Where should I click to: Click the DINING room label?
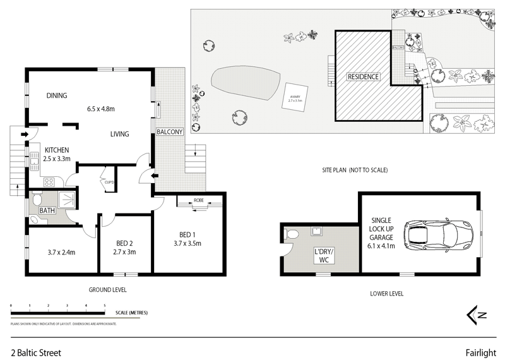[57, 96]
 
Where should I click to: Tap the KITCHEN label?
[56, 150]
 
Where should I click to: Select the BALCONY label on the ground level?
[170, 132]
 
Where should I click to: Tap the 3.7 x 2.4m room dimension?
[61, 252]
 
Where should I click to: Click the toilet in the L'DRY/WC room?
[291, 236]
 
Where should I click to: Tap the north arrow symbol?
[473, 314]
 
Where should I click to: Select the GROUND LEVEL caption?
[108, 290]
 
